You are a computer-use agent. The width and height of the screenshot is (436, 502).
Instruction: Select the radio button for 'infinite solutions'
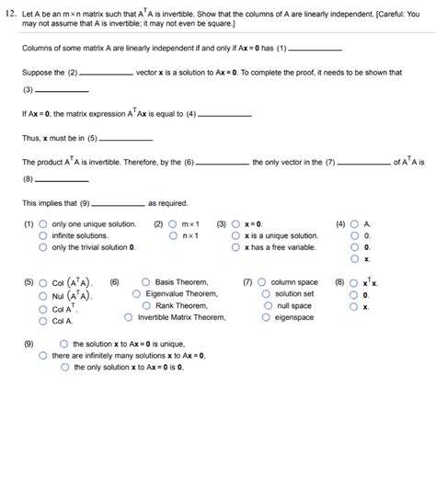[x=43, y=235]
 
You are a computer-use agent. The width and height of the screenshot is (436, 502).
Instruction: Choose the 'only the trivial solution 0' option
[x=43, y=247]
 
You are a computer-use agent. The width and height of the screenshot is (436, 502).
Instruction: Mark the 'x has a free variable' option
[x=236, y=247]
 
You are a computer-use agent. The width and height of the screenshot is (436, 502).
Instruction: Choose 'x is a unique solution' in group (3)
[x=236, y=235]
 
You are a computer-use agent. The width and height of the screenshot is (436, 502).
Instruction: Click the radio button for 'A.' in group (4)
[x=355, y=223]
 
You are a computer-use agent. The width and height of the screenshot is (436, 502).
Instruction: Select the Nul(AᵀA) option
[x=43, y=296]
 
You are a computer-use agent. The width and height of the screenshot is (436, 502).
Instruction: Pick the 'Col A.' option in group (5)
[x=43, y=321]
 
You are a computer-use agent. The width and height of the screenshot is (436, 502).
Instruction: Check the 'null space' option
[x=267, y=305]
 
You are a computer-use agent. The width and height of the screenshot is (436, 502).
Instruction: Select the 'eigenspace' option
[x=267, y=317]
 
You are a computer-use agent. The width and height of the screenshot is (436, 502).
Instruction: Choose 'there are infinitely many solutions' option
[x=43, y=355]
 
